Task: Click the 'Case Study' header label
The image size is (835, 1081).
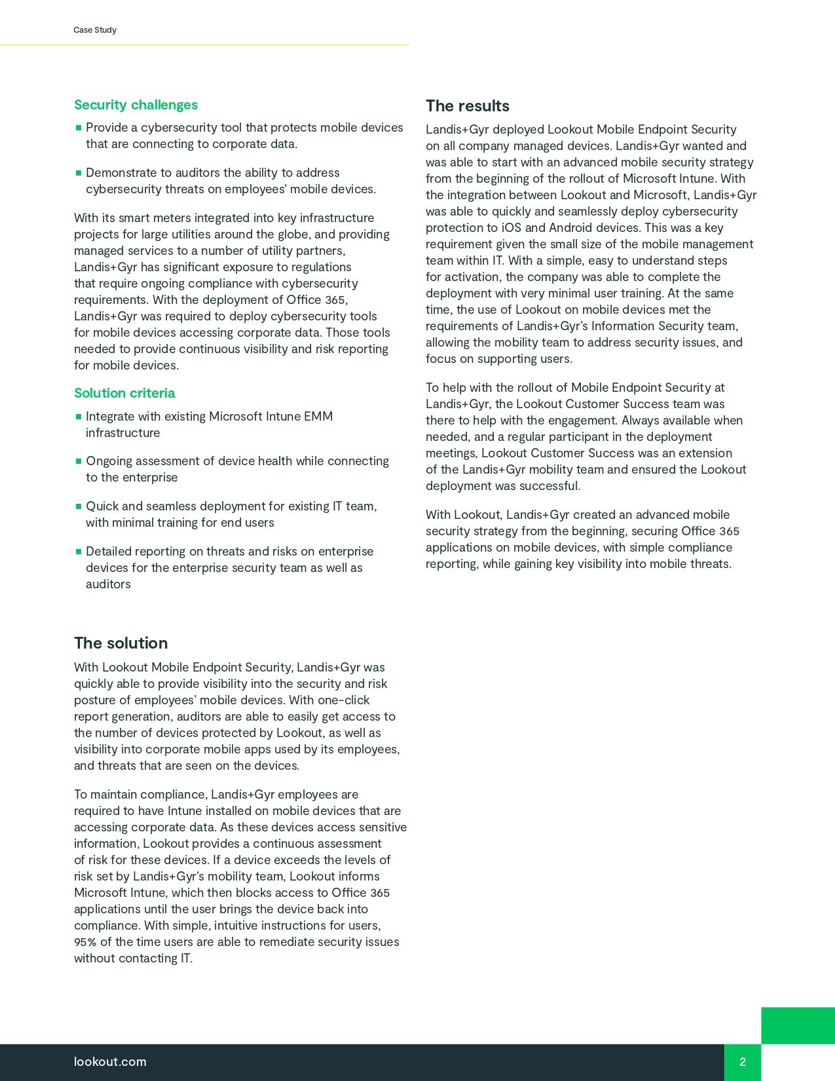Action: click(95, 30)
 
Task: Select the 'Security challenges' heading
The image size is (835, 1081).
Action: click(136, 105)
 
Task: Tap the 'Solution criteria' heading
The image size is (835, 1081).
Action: click(124, 393)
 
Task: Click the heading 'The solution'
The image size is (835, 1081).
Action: click(121, 643)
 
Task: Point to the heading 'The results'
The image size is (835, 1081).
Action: click(467, 106)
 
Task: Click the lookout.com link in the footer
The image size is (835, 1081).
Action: click(110, 1061)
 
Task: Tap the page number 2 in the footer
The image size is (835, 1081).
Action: click(743, 1062)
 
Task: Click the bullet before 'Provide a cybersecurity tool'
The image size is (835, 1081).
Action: click(79, 128)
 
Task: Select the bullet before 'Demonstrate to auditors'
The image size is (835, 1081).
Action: click(79, 173)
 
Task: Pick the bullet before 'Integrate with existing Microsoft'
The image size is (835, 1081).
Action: click(79, 417)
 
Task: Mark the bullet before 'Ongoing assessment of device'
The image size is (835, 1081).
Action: click(79, 461)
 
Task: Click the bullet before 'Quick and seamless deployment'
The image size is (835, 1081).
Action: click(79, 506)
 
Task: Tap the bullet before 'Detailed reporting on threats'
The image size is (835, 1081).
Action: click(79, 552)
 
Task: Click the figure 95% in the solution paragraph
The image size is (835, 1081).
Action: click(85, 942)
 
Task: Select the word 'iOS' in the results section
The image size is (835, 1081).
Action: click(511, 228)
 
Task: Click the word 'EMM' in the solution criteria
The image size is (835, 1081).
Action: click(318, 417)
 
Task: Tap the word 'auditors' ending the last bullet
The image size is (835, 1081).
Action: click(108, 584)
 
